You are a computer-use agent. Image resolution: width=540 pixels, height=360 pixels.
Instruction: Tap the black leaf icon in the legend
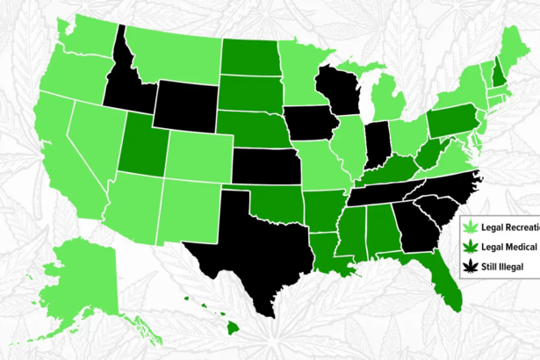(474, 264)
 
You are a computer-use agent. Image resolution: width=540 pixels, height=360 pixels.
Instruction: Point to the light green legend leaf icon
(474, 227)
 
